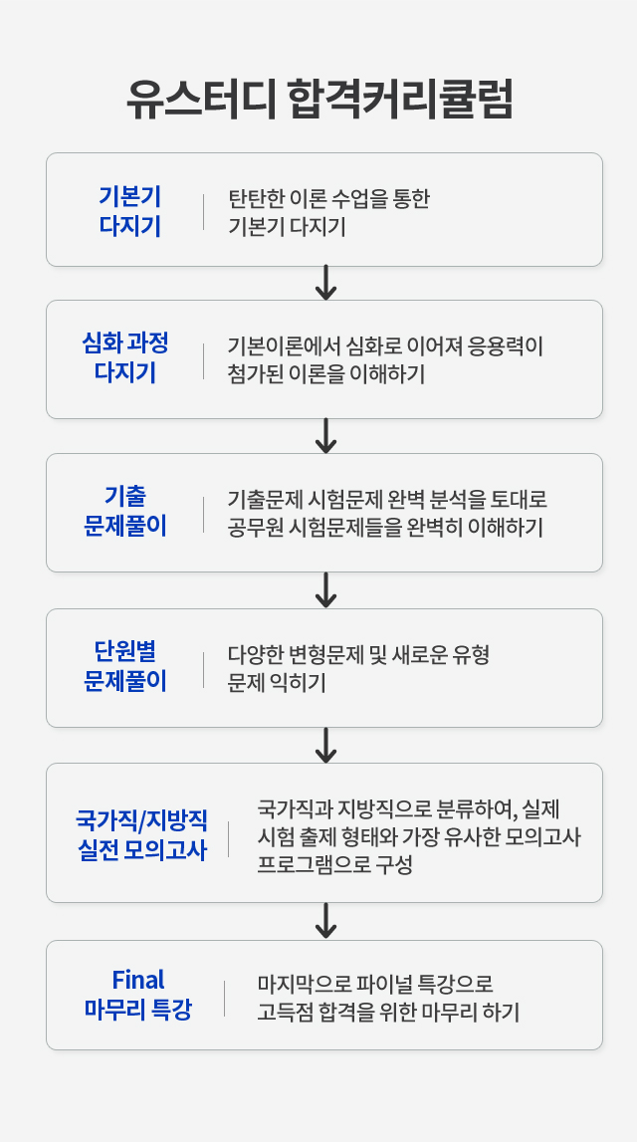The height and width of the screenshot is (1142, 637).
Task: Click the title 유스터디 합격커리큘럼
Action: (318, 100)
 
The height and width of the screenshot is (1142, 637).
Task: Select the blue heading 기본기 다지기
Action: (129, 210)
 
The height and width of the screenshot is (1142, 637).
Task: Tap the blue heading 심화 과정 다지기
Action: (125, 358)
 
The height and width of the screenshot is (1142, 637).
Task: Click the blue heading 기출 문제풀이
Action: (125, 512)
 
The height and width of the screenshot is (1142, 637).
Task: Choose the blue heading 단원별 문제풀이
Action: (125, 667)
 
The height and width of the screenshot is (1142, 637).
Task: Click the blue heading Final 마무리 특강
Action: (137, 995)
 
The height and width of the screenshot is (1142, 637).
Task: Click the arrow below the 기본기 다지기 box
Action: (324, 283)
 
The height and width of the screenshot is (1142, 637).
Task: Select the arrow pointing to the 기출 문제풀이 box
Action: (324, 436)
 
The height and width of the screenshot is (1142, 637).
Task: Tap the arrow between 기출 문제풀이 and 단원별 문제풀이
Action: (324, 589)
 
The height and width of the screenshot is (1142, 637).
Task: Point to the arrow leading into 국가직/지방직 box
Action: (324, 745)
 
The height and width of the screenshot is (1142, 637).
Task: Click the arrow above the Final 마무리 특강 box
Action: (324, 921)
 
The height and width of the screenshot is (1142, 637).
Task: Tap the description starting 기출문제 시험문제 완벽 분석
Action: (387, 513)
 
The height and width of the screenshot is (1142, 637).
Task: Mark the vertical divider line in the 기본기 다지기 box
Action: (204, 211)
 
